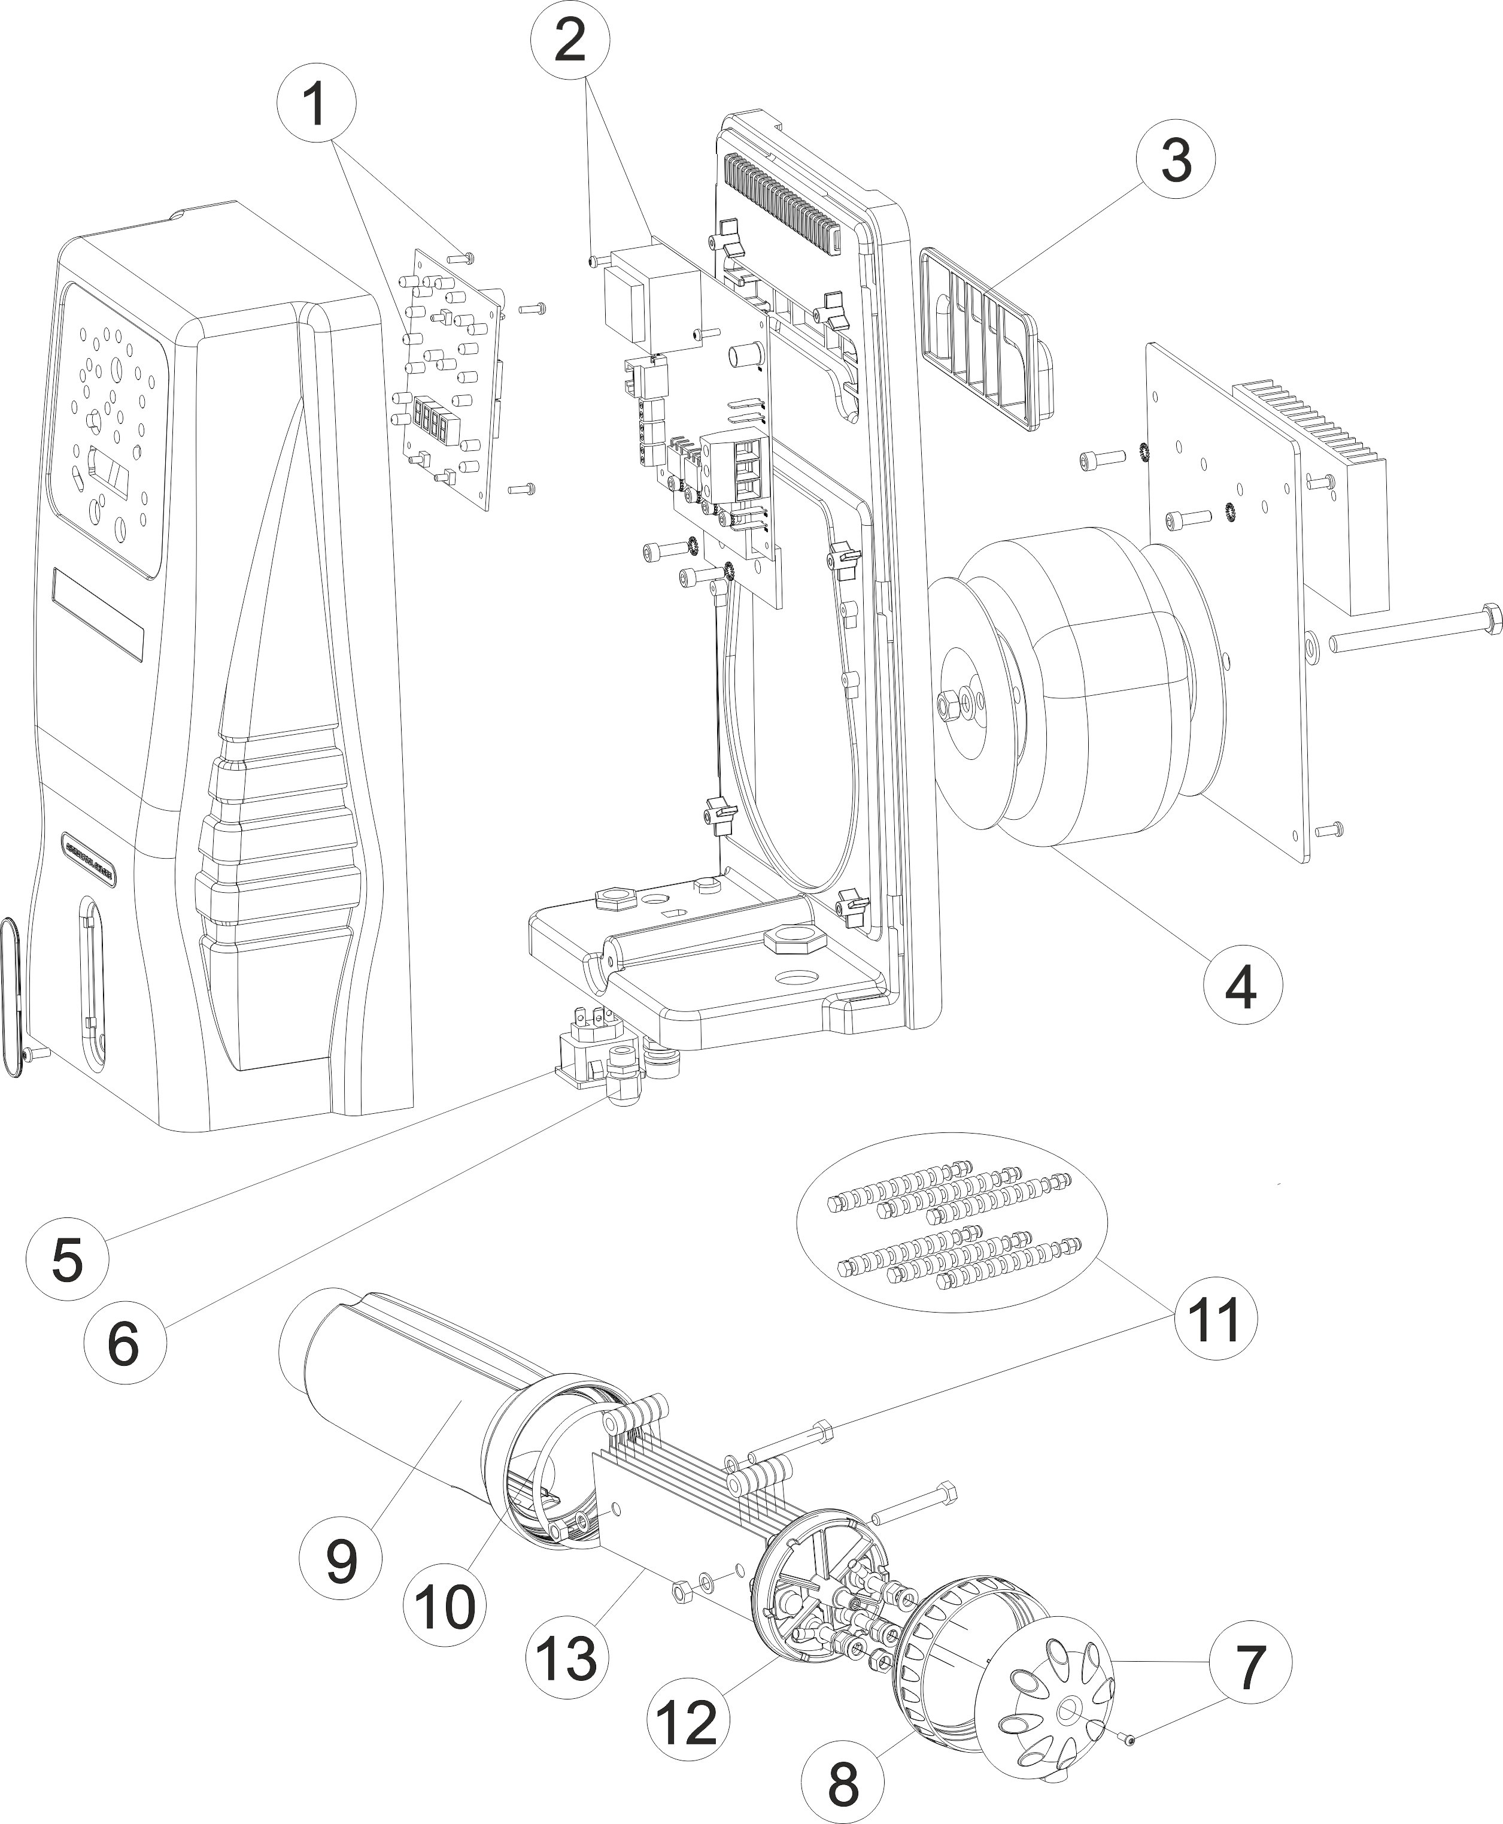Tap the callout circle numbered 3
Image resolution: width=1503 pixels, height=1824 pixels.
1175,161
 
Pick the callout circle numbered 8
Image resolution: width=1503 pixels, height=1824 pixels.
842,1778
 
